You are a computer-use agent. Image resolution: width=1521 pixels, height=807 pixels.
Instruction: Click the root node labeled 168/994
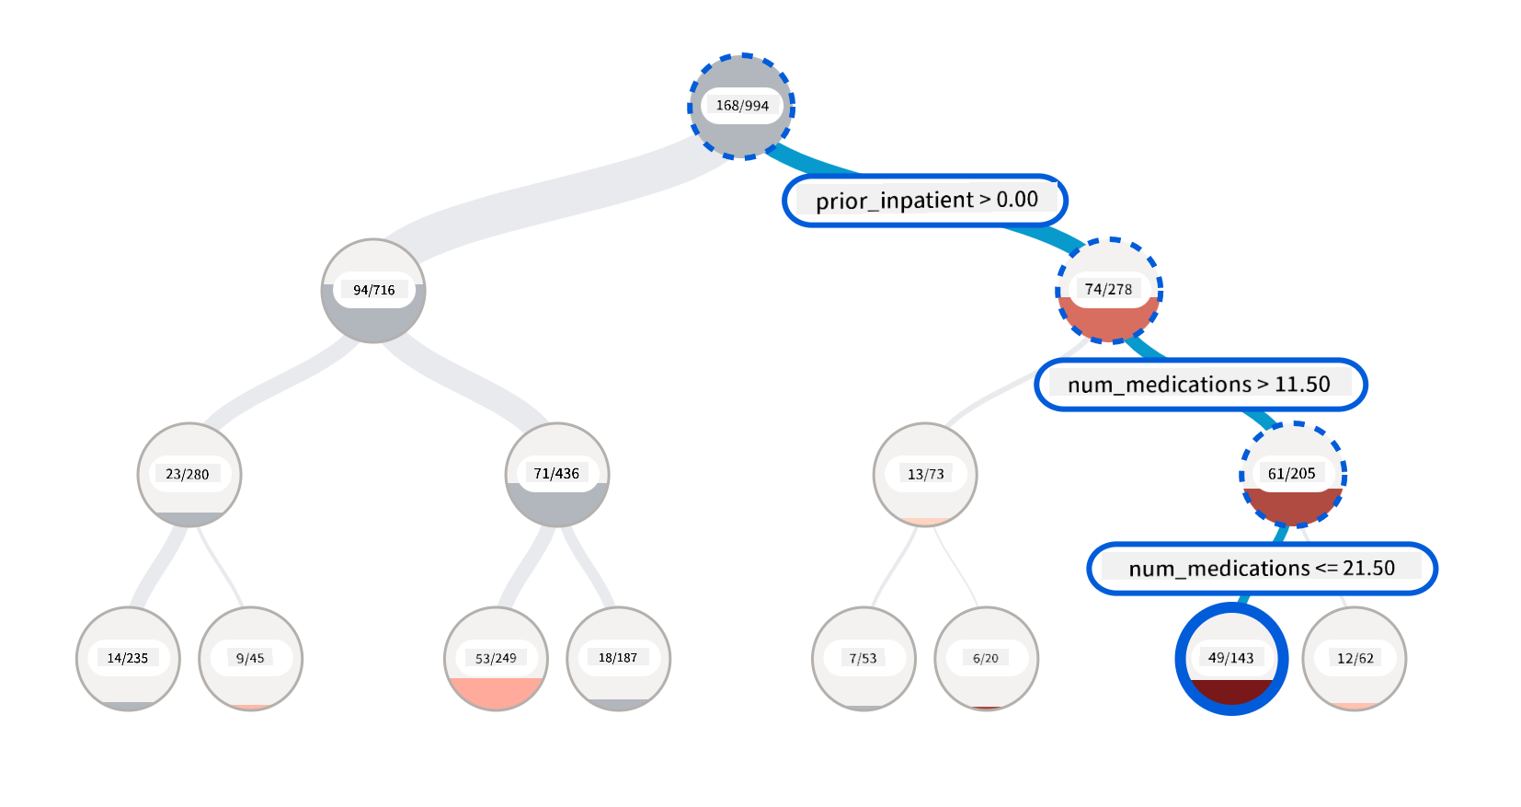tap(742, 107)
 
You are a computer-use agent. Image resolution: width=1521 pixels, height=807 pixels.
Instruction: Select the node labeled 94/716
tap(373, 291)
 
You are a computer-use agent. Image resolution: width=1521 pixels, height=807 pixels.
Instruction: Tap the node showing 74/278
tap(1109, 291)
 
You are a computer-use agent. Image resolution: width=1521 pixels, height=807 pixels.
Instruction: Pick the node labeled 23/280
tap(189, 475)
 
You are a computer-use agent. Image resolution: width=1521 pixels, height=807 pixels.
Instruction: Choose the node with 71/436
tap(557, 475)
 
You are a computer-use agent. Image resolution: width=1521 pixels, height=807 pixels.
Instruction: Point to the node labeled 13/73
tap(925, 475)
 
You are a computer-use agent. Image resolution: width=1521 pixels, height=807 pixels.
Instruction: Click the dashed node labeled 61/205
tap(1293, 475)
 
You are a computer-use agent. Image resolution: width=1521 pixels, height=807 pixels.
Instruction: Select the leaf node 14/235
tap(128, 659)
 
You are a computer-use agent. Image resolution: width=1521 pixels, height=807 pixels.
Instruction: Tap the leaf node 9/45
tap(251, 659)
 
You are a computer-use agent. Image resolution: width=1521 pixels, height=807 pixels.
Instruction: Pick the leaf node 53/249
tap(496, 659)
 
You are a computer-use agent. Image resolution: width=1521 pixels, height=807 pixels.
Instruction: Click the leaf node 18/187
tap(619, 659)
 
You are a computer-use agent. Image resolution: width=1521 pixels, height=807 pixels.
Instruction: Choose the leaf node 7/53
tap(863, 659)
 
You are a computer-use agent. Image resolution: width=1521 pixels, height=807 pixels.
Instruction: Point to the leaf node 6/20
tap(987, 659)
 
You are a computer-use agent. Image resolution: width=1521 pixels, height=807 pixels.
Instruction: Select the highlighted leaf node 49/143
tap(1231, 659)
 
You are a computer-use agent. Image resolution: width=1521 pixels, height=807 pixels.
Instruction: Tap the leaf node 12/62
tap(1355, 659)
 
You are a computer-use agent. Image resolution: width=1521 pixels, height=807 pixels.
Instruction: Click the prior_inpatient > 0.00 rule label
tap(925, 201)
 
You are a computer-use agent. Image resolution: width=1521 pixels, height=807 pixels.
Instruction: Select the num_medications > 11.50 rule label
tap(1200, 385)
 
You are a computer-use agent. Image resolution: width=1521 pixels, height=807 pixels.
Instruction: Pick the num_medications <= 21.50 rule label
tap(1262, 569)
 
